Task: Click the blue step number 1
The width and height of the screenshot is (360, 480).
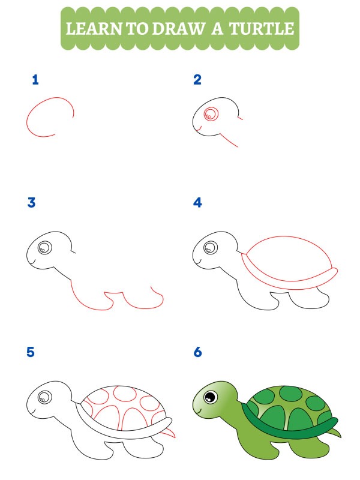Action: coord(35,80)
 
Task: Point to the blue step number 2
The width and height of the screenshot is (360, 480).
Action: coord(197,80)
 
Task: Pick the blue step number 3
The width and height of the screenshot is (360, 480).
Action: coord(32,203)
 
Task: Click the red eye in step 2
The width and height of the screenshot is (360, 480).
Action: coord(211,114)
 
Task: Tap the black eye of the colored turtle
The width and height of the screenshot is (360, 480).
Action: coord(211,397)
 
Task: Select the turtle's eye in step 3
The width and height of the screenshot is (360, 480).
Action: coord(44,247)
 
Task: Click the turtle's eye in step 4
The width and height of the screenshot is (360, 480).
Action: coord(210,247)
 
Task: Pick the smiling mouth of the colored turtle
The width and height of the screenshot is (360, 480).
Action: coord(201,411)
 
